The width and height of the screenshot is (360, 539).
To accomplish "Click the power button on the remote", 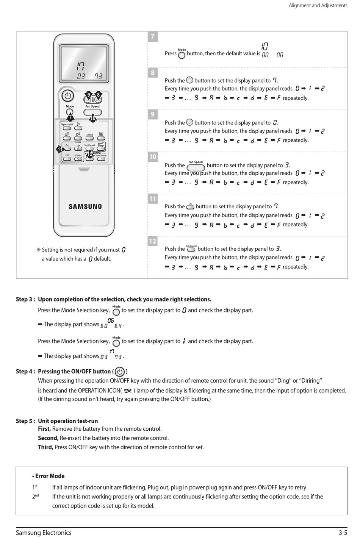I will [x=68, y=96].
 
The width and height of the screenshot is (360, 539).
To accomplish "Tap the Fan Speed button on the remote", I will [x=92, y=112].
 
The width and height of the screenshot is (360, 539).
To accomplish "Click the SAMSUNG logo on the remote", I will [x=85, y=206].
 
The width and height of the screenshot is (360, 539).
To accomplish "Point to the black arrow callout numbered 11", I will [x=61, y=149].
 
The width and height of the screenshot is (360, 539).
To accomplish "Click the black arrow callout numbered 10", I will [x=93, y=119].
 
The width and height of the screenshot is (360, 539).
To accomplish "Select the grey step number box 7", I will [x=152, y=36].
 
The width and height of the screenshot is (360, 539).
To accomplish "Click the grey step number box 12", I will [x=152, y=241].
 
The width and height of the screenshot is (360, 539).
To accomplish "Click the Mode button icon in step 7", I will [x=182, y=55].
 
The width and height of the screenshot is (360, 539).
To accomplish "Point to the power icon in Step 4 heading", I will [x=120, y=372].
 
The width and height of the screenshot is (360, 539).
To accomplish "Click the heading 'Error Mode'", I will [x=50, y=476].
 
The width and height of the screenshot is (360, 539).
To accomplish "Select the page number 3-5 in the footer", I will [x=343, y=533].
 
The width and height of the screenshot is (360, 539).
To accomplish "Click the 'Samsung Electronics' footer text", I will [x=44, y=533].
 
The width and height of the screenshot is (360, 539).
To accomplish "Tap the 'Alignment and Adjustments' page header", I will [x=318, y=6].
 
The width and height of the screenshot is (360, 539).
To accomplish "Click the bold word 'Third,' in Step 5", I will [x=45, y=447].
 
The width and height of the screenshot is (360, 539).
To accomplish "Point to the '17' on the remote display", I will [x=80, y=67].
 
